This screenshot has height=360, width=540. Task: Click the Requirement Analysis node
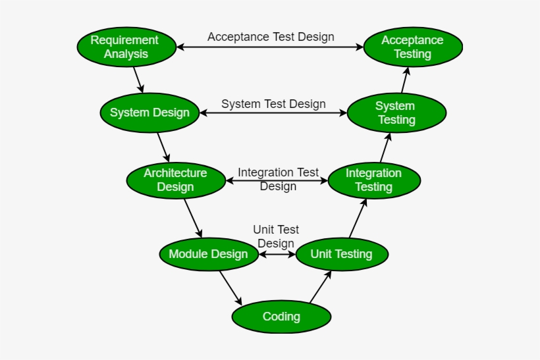tap(125, 47)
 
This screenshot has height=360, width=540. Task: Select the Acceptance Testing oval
tap(413, 47)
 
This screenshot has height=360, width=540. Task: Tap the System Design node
tap(149, 113)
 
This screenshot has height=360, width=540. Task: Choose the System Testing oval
tap(396, 113)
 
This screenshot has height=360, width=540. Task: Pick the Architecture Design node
tap(176, 180)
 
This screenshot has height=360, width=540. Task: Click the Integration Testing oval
tap(373, 180)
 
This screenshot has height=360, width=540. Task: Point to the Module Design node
tap(209, 254)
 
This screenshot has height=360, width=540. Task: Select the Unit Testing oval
tap(341, 254)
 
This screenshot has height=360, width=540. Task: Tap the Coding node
tap(281, 317)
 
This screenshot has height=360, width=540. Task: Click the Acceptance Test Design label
tap(271, 37)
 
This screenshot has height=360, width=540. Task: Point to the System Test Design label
tap(273, 104)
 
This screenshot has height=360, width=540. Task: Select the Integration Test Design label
tap(278, 179)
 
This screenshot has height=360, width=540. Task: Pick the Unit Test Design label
tap(276, 236)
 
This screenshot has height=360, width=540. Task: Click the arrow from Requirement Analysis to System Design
tap(138, 79)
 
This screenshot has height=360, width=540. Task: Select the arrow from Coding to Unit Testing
tap(320, 287)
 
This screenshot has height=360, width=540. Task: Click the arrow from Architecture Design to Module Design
tap(192, 217)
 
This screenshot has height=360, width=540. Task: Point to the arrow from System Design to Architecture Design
tap(163, 147)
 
